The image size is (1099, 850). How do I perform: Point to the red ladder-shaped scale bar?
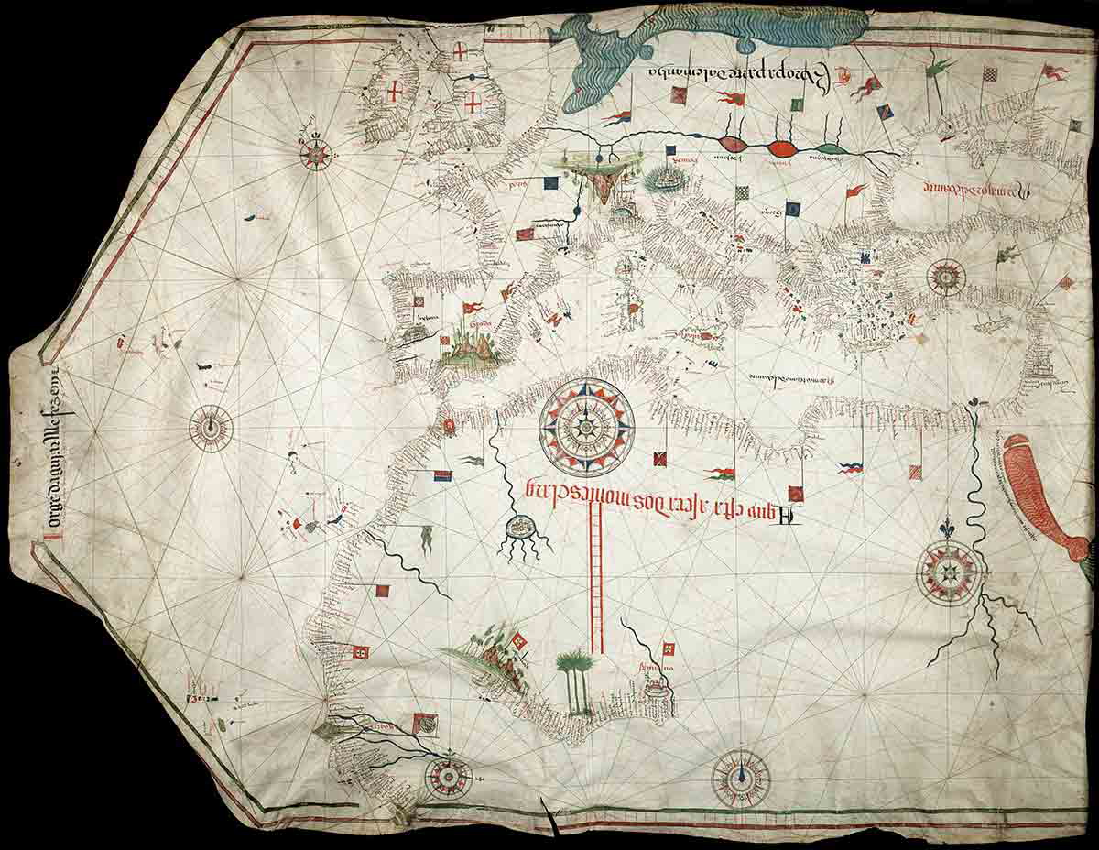[x=596, y=577]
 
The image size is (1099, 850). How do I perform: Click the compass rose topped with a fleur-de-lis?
[x=949, y=572]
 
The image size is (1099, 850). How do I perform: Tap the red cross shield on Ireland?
[x=395, y=92]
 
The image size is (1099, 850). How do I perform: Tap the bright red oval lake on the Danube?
[x=781, y=147]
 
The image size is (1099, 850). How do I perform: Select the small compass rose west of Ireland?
[x=317, y=153]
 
